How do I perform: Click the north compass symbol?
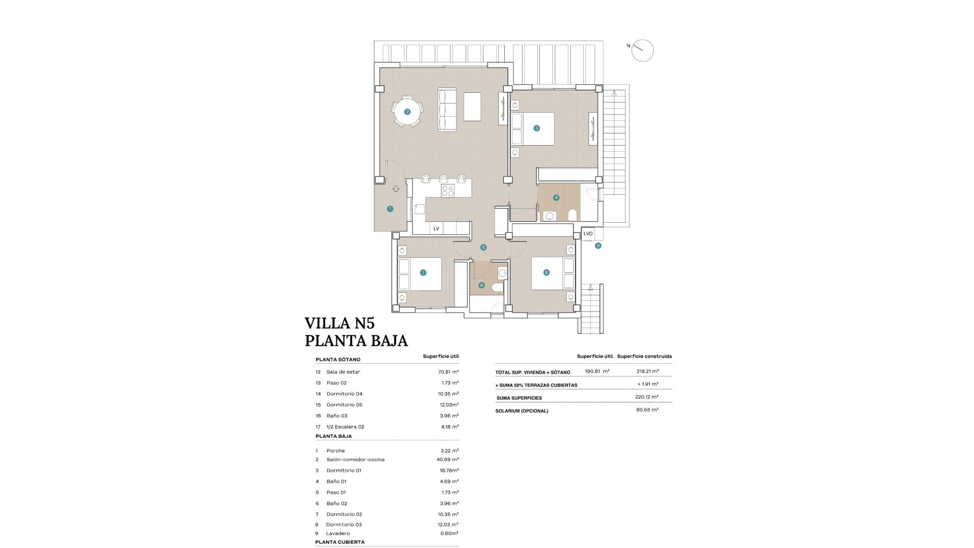click(642, 50)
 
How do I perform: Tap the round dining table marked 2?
click(407, 112)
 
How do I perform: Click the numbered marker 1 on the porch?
click(390, 209)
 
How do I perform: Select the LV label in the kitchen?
click(436, 229)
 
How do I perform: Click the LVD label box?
click(588, 233)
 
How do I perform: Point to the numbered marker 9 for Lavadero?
click(598, 246)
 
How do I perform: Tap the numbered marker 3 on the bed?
click(536, 128)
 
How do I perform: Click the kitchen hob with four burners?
click(447, 191)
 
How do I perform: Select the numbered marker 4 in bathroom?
click(556, 197)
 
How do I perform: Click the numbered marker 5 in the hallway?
click(483, 248)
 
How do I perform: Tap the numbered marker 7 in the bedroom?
click(423, 272)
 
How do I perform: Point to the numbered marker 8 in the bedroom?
click(546, 272)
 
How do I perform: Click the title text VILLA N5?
click(339, 323)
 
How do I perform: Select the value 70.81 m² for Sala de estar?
click(448, 372)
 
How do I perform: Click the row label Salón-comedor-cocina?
click(355, 460)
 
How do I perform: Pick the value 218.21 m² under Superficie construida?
click(647, 371)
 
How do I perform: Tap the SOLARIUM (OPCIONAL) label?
click(521, 411)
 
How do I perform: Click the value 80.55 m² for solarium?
click(647, 409)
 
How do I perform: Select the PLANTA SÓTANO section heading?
click(338, 360)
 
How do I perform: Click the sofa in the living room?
click(447, 110)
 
